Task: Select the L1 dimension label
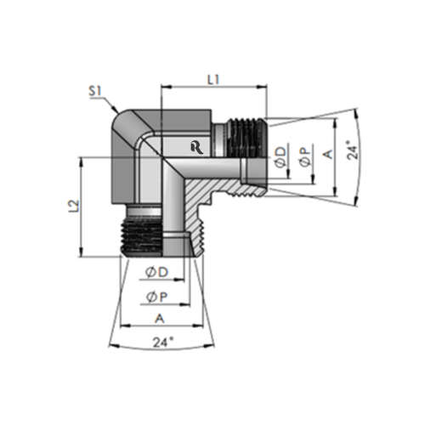coord(213,77)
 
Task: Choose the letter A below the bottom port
coord(158,318)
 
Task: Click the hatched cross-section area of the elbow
coord(204,183)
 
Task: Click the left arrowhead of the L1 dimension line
coord(164,87)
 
